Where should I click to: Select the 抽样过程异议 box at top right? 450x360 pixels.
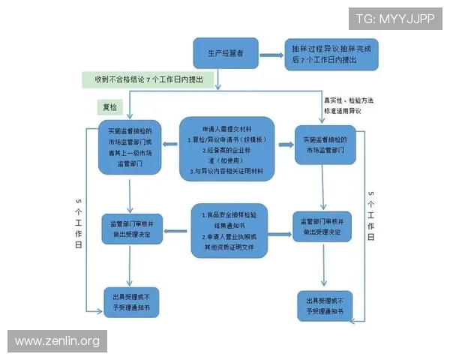(x=331, y=54)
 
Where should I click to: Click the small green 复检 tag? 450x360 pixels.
(x=110, y=106)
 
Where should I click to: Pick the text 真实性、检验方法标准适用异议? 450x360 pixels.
(x=347, y=105)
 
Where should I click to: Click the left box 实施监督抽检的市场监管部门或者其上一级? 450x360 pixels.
(x=131, y=147)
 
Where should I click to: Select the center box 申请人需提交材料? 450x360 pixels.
(x=226, y=147)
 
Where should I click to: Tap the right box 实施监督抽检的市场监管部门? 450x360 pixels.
(x=324, y=145)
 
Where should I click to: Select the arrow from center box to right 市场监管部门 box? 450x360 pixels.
(x=284, y=145)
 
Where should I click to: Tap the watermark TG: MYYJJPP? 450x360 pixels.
(x=395, y=19)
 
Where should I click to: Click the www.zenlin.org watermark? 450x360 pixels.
(x=57, y=341)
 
